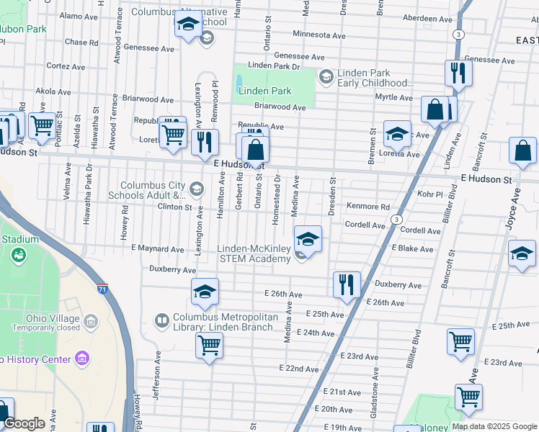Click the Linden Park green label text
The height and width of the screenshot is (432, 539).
264,91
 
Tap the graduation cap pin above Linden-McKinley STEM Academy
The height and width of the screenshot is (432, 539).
308,239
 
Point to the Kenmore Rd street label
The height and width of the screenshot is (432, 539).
367,207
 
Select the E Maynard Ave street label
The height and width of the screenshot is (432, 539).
157,249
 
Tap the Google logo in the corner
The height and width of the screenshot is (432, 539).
24,423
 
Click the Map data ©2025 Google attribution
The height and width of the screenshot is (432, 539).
494,426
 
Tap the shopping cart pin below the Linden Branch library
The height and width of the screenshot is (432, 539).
209,345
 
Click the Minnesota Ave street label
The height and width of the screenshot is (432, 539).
319,35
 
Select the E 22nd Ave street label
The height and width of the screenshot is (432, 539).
302,369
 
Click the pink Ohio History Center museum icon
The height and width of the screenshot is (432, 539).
82,359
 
